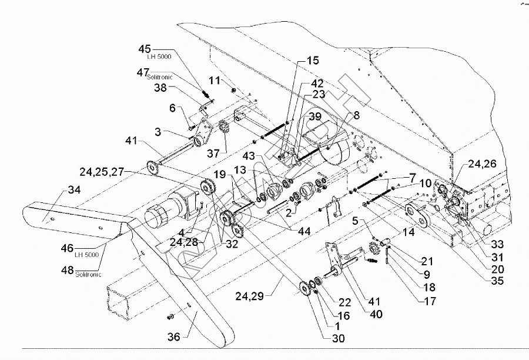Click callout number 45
click(x=145, y=49)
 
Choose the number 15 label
click(x=312, y=61)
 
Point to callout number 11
click(x=216, y=79)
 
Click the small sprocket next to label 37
click(x=223, y=127)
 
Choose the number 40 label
click(x=376, y=315)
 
